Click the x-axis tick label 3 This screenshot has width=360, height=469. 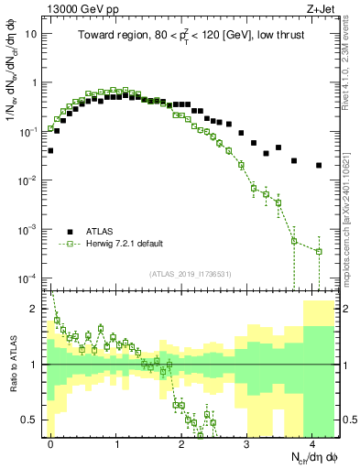pyautogui.click(x=246, y=442)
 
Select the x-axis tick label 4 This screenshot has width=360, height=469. pyautogui.click(x=312, y=442)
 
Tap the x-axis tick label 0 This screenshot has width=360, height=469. pyautogui.click(x=50, y=442)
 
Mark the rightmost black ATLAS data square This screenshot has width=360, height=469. pyautogui.click(x=319, y=166)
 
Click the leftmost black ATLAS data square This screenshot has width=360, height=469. pyautogui.click(x=50, y=150)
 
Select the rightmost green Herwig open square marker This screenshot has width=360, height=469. pyautogui.click(x=319, y=251)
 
